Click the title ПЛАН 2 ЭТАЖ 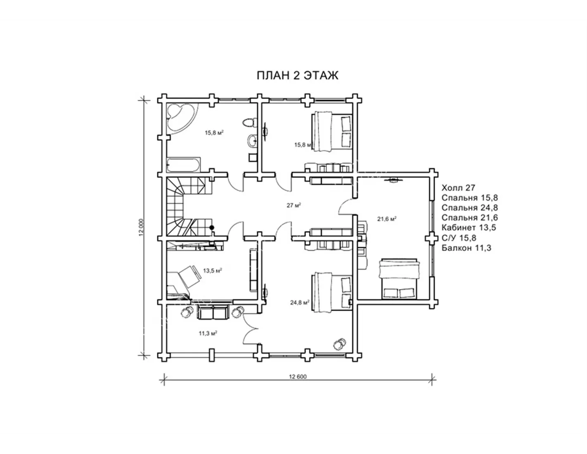pyautogui.click(x=297, y=76)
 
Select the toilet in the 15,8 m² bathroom pyautogui.click(x=249, y=123)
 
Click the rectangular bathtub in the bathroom pyautogui.click(x=184, y=165)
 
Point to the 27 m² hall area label pyautogui.click(x=294, y=206)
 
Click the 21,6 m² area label pyautogui.click(x=387, y=219)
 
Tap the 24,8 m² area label pyautogui.click(x=300, y=303)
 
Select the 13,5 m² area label pyautogui.click(x=213, y=270)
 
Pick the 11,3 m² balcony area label pyautogui.click(x=208, y=333)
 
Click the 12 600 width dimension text pyautogui.click(x=298, y=377)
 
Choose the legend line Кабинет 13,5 pyautogui.click(x=469, y=228)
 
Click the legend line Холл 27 pyautogui.click(x=458, y=188)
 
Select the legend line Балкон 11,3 pyautogui.click(x=466, y=248)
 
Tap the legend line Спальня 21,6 pyautogui.click(x=470, y=218)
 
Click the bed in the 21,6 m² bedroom pyautogui.click(x=399, y=279)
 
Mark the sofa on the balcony pyautogui.click(x=213, y=312)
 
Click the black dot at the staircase pyautogui.click(x=212, y=228)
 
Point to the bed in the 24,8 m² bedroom pyautogui.click(x=332, y=293)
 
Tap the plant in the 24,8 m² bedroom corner pyautogui.click(x=339, y=344)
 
